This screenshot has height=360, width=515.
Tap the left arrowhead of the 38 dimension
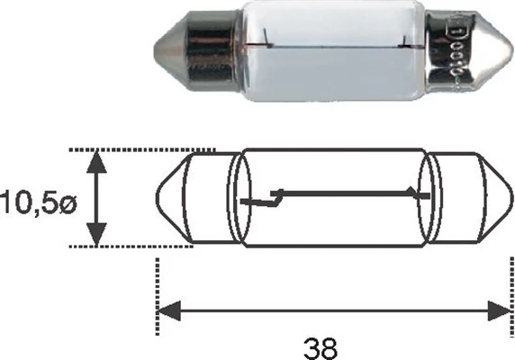[x=167, y=311]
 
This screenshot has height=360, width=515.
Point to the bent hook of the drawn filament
[x=275, y=198]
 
